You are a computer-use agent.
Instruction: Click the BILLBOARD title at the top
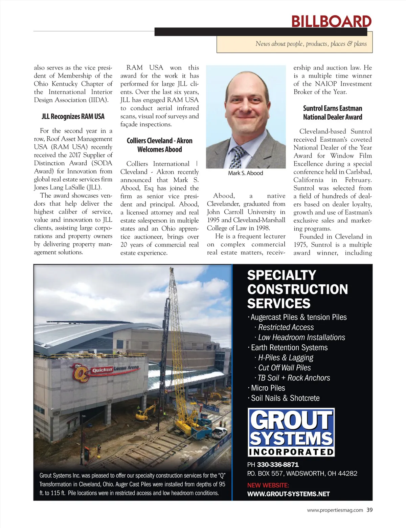[x=331, y=21]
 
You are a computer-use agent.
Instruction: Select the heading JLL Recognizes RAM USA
[x=73, y=117]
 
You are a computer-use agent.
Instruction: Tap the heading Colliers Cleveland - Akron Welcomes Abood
[x=160, y=145]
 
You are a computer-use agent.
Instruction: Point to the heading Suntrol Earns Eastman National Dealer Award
[x=333, y=113]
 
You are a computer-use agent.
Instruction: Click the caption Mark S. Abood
[x=245, y=173]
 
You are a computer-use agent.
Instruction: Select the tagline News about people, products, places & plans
[x=311, y=44]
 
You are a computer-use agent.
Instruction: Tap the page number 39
[x=369, y=510]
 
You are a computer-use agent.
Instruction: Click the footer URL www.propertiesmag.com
[x=335, y=510]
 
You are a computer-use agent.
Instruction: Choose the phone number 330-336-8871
[x=278, y=465]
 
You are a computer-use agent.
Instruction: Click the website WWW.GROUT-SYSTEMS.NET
[x=288, y=494]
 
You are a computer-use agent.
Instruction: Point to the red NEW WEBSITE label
[x=268, y=485]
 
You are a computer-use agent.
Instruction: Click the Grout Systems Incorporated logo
[x=291, y=432]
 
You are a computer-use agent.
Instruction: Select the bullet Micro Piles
[x=268, y=388]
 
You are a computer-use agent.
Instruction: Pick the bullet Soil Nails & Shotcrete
[x=285, y=398]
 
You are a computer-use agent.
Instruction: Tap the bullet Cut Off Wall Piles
[x=284, y=368]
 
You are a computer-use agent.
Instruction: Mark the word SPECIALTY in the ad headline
[x=281, y=275]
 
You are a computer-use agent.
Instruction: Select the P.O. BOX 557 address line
[x=302, y=473]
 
